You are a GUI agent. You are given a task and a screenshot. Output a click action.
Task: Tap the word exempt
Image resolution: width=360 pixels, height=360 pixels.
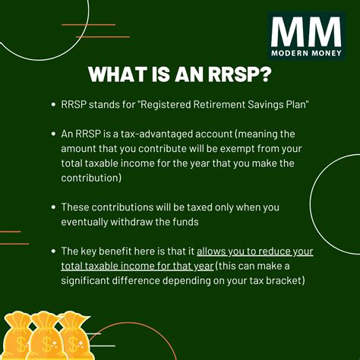[x=235, y=147]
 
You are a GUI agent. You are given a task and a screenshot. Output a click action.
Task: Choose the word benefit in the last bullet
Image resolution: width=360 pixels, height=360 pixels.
[x=128, y=251]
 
